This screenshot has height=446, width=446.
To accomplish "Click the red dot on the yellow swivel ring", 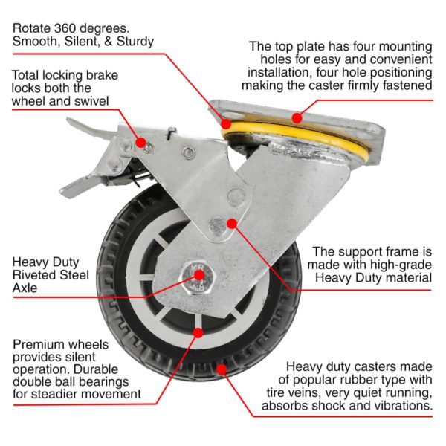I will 297,117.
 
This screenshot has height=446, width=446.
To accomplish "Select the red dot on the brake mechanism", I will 139,141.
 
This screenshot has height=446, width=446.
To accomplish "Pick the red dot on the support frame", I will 231,222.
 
